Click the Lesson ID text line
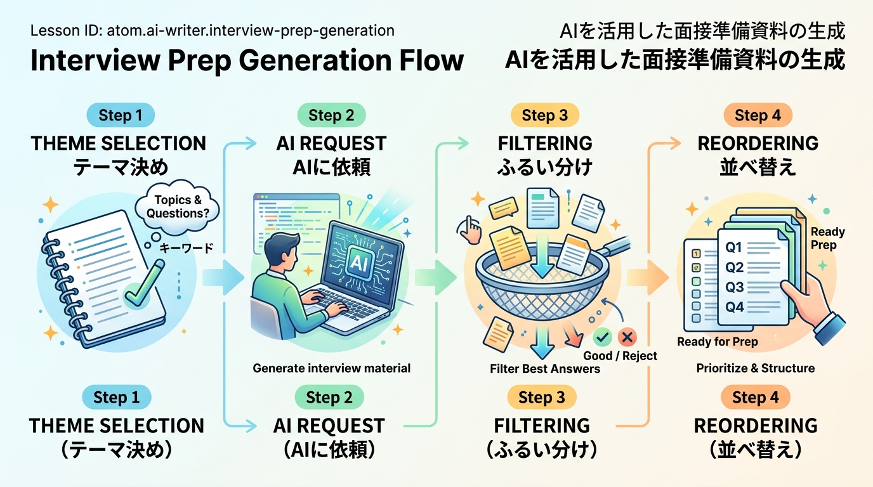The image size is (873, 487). (212, 30)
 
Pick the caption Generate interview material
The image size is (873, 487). (331, 368)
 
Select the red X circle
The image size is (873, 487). (629, 337)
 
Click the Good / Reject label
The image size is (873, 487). (620, 356)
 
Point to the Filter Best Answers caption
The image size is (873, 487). (545, 368)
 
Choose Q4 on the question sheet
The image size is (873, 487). (734, 307)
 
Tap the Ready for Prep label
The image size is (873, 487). (718, 342)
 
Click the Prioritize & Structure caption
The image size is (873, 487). (755, 368)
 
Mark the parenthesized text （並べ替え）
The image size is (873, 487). (755, 451)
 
